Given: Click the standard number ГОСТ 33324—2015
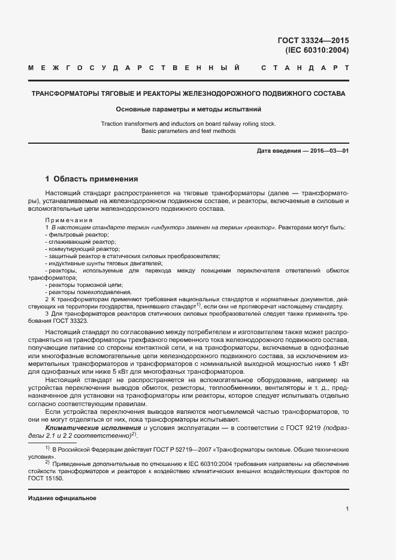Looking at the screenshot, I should coord(313,41).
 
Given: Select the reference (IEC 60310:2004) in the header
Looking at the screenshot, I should coord(317,50).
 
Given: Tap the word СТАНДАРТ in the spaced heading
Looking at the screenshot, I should coord(306,68).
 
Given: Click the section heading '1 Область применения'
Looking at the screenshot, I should coord(92,178).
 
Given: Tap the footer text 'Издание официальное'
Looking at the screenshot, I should coord(62,498).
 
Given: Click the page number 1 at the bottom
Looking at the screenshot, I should coord(347,509).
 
